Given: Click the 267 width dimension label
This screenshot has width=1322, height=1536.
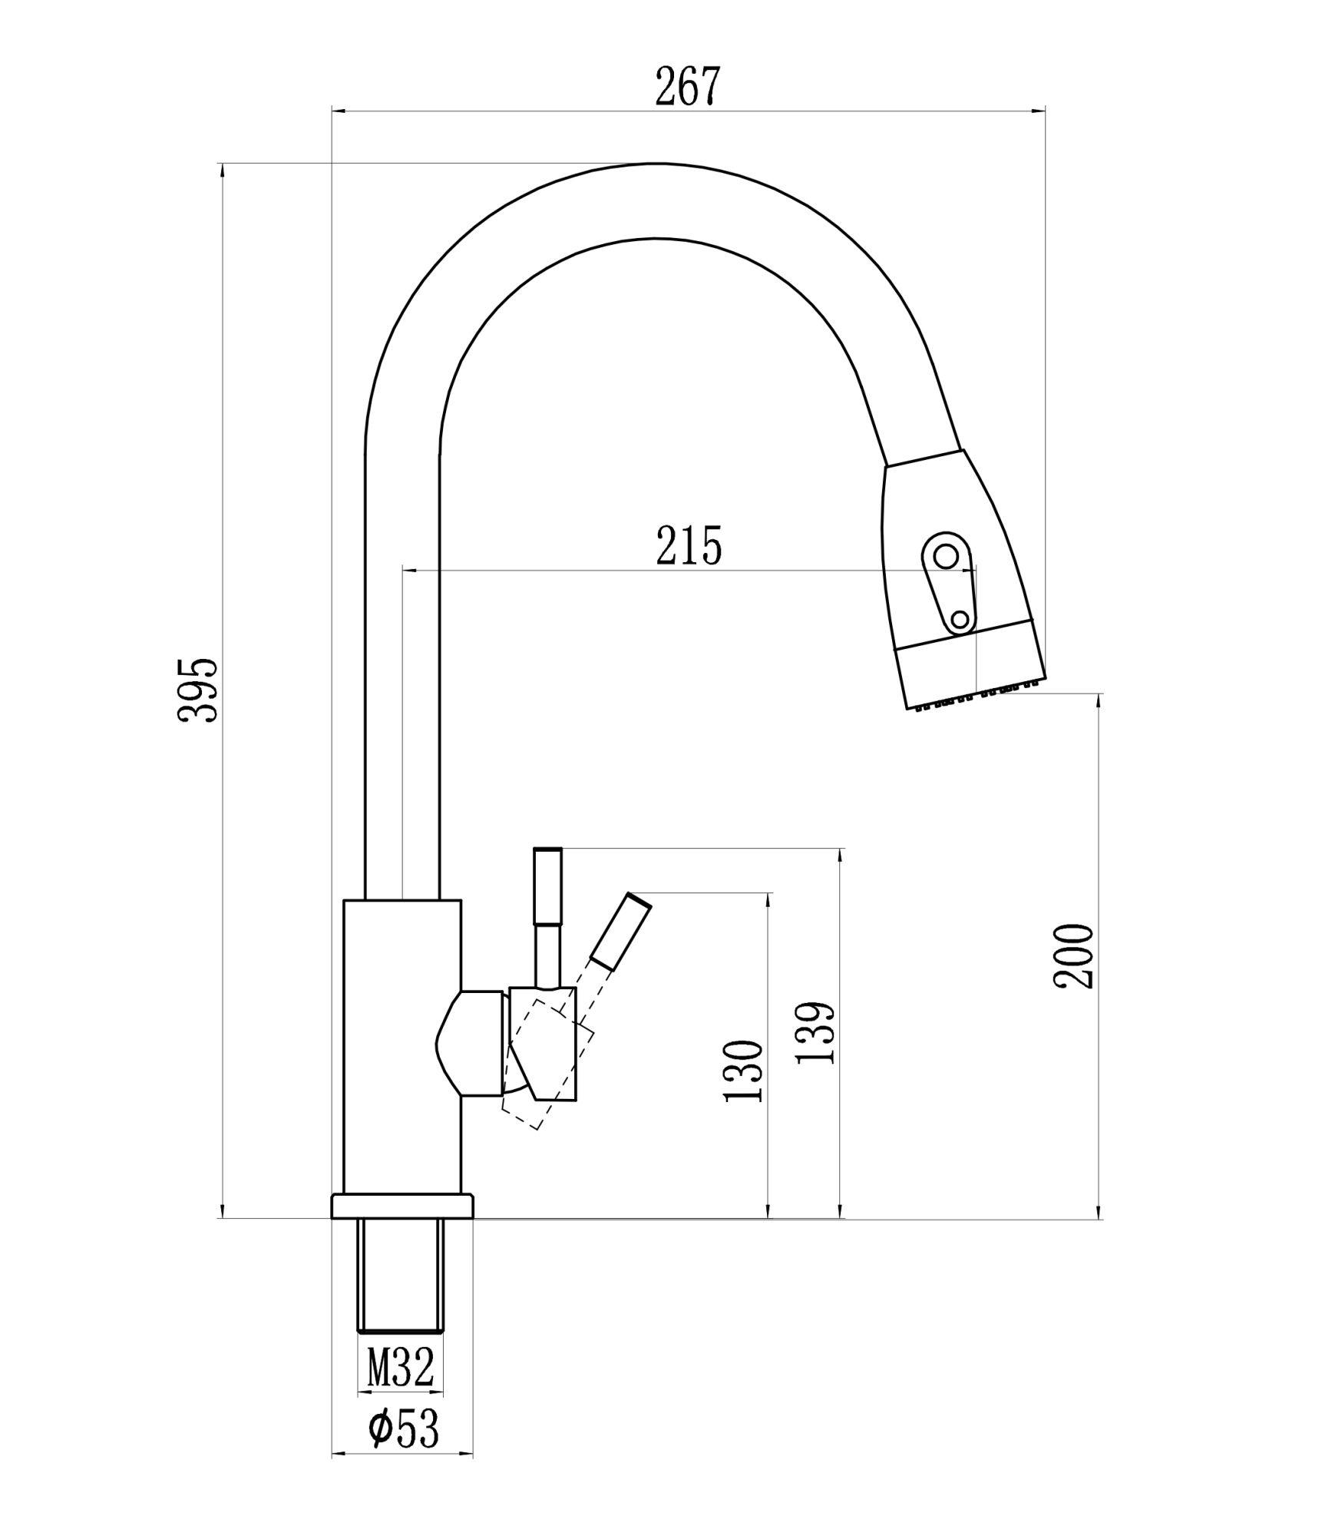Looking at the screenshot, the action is coord(688,87).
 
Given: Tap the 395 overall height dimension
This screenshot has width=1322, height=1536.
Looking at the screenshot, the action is coord(198,690).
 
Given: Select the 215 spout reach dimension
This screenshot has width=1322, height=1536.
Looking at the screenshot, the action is coord(689,546).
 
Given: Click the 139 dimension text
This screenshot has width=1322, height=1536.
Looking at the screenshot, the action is coord(815,1033).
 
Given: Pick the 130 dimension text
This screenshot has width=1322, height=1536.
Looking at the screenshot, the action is coord(743,1071).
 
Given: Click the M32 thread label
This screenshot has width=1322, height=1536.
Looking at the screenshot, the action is coord(400,1366).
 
